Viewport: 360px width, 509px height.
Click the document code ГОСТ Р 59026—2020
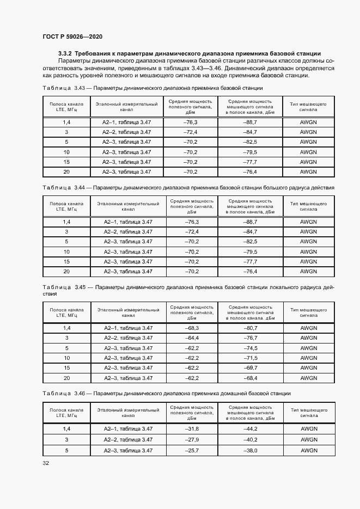[72, 36]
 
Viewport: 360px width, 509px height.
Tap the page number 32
[46, 463]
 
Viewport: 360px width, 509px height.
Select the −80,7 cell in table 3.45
[250, 328]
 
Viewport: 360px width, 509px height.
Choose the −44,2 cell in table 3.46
[250, 429]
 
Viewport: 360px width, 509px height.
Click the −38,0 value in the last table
[250, 450]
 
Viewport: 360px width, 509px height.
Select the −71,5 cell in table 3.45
[250, 358]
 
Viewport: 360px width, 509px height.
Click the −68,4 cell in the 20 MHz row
[250, 378]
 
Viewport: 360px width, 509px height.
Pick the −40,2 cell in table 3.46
[250, 439]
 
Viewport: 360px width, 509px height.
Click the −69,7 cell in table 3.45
[250, 368]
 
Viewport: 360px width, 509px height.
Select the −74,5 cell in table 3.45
[250, 348]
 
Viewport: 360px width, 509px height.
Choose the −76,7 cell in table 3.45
[250, 338]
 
